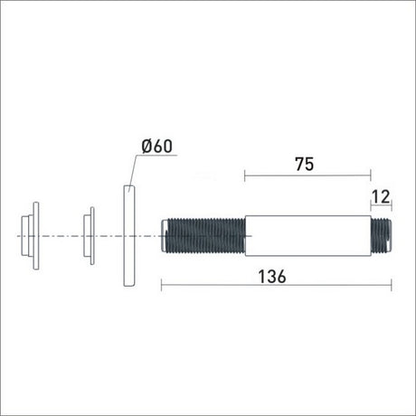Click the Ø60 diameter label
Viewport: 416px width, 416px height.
click(x=156, y=147)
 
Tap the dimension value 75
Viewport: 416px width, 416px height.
click(x=305, y=164)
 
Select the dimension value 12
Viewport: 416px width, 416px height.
click(x=381, y=197)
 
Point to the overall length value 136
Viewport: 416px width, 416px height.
click(x=272, y=277)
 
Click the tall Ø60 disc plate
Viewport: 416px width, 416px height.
click(x=129, y=235)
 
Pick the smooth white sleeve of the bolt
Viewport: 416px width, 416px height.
click(x=307, y=236)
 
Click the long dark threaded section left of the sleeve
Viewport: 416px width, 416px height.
click(x=206, y=236)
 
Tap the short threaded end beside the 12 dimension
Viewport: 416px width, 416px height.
click(x=381, y=236)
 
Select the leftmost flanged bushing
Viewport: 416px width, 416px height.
click(x=30, y=235)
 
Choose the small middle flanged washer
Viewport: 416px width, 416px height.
click(x=89, y=236)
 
